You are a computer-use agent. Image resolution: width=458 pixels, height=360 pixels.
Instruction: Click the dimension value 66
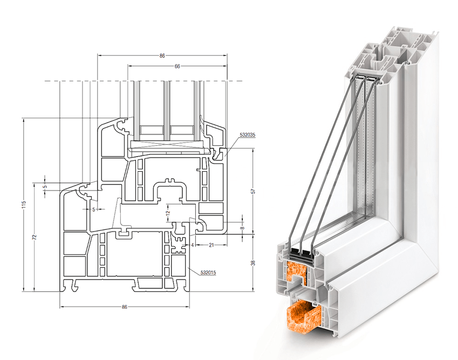tap(177, 66)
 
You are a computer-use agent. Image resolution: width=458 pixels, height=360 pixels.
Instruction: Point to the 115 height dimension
tap(24, 204)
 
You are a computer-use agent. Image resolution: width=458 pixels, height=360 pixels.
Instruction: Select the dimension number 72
tap(34, 237)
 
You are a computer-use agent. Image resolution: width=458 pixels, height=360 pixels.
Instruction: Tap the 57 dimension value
tap(253, 192)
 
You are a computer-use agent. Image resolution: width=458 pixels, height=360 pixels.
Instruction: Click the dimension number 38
tap(253, 263)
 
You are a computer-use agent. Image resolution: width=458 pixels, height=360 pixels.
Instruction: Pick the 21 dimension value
tap(211, 245)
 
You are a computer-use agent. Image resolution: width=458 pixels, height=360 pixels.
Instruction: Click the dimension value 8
tap(243, 228)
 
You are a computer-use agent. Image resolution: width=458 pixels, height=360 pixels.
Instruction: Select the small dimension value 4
tap(193, 245)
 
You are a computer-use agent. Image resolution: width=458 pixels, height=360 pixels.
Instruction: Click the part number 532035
tap(248, 135)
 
